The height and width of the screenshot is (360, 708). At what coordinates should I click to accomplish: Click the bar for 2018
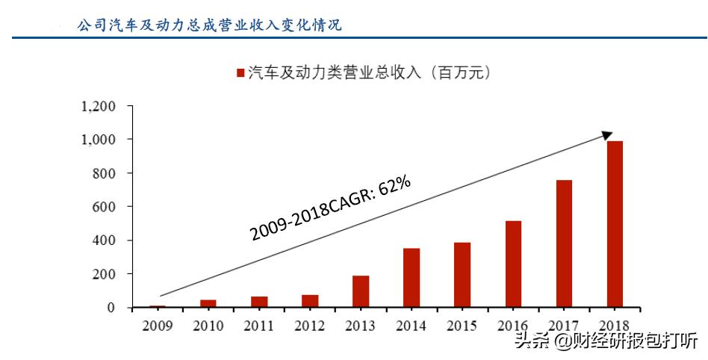pos(614,224)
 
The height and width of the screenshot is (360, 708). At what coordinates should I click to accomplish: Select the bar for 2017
pos(564,243)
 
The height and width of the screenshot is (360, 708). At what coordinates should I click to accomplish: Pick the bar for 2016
pos(513,264)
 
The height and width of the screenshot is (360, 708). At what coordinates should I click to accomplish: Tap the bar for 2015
pos(462,275)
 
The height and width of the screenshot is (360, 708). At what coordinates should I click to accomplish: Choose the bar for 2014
pos(412,277)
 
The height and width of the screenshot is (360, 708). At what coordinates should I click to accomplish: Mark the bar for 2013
pos(361,291)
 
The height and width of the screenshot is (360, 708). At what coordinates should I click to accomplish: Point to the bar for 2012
pos(310,301)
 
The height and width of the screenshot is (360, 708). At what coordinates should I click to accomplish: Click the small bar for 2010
pos(208,303)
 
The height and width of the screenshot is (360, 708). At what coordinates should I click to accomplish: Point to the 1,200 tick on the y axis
pos(98,106)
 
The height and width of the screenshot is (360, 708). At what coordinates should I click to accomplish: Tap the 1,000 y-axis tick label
pos(98,140)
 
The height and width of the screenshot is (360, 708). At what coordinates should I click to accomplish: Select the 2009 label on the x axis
pos(157,326)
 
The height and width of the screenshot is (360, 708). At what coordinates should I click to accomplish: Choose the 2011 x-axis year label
pos(258,326)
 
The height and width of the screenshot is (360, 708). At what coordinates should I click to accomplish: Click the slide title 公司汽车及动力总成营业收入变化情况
pos(210,25)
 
